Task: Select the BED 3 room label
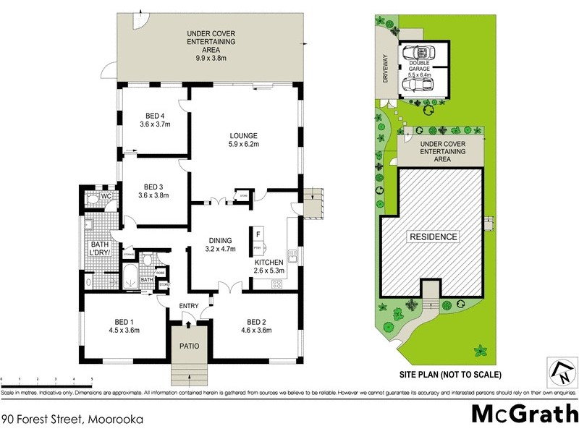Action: (x=153, y=190)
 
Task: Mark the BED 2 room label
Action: (x=256, y=326)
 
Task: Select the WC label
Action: (x=106, y=196)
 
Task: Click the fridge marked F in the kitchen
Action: (x=258, y=234)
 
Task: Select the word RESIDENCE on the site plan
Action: (x=434, y=237)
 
